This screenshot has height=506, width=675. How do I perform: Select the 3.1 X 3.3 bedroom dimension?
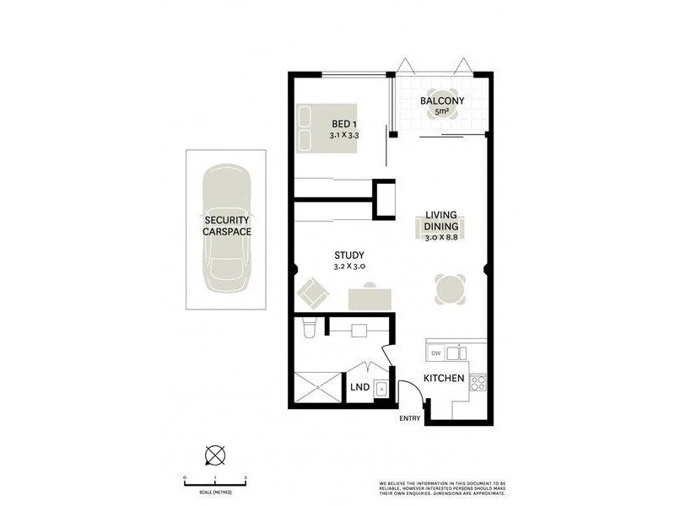coord(343,135)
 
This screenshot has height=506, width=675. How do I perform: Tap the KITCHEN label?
coord(444,378)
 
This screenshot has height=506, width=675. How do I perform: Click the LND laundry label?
coord(359,389)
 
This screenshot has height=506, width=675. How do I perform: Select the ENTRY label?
coord(410,418)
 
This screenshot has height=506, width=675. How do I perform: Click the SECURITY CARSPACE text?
coord(225,225)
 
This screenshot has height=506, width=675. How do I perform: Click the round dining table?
coord(450,289)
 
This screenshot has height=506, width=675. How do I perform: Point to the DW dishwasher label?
coord(435,353)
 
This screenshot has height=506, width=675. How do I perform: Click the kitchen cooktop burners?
coord(477,382)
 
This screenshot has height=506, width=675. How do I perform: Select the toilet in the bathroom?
coord(310,327)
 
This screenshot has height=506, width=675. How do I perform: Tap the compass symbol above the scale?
coord(214,456)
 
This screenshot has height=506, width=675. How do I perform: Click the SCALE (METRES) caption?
coord(214,491)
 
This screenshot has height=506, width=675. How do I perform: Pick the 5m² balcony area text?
coord(440,112)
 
